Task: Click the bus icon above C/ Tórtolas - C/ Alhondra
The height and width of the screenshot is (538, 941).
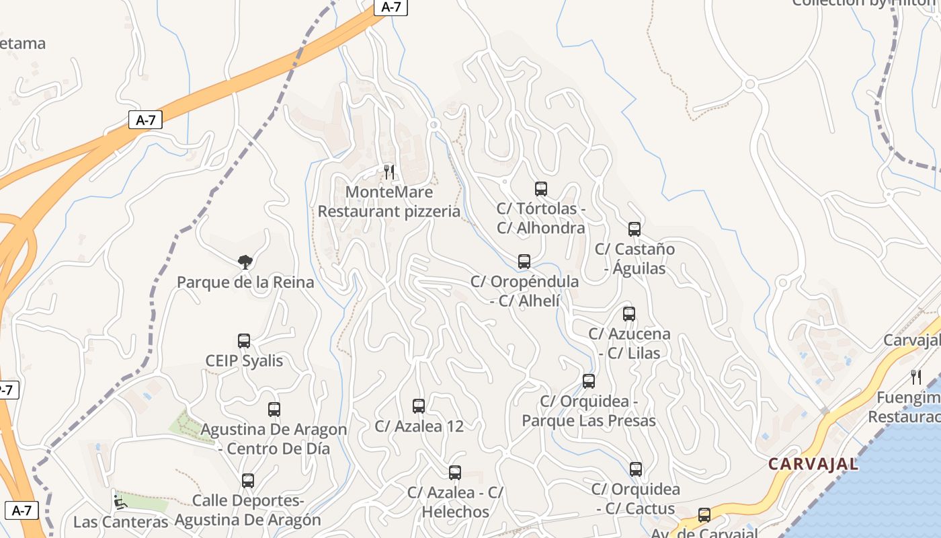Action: point(541,189)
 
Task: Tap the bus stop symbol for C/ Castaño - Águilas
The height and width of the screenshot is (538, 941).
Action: point(635,229)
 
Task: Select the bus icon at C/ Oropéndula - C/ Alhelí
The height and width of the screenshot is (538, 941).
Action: point(524,262)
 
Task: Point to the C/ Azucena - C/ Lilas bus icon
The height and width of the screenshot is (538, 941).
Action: point(629,314)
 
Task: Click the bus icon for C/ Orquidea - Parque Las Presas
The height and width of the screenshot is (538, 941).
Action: point(589,381)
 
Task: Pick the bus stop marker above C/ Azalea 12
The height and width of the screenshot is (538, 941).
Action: point(419,406)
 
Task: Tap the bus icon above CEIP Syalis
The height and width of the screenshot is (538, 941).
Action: point(244,341)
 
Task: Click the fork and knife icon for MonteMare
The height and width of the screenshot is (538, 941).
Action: point(389,172)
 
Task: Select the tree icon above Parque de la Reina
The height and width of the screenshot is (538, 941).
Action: point(245,262)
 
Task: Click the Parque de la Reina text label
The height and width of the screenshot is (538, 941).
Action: point(245,282)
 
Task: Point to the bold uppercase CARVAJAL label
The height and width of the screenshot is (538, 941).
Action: point(813,464)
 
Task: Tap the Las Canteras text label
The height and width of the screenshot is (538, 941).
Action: point(121,523)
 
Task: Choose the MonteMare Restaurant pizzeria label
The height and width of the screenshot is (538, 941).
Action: point(389,202)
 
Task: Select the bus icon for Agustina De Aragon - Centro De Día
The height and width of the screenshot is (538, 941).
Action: point(274,410)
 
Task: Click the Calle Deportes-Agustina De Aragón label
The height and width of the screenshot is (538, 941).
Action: point(248,510)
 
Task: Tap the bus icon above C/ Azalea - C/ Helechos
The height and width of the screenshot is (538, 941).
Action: point(455,473)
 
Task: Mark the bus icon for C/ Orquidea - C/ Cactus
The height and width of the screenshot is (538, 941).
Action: point(636,469)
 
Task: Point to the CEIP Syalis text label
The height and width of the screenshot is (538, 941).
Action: point(244,361)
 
